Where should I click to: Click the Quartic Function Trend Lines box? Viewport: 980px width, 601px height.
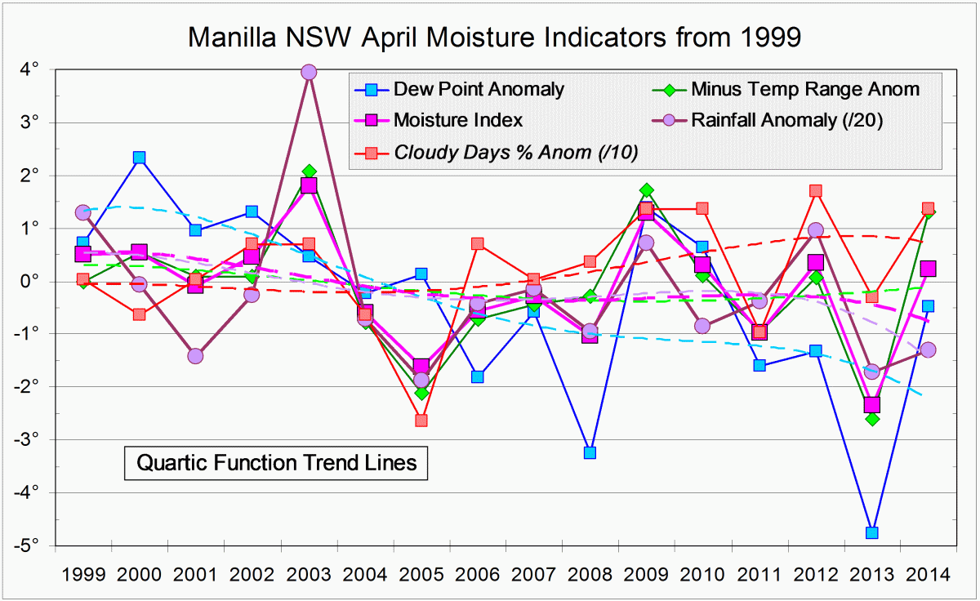pos(277,463)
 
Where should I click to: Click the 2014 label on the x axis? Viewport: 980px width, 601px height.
pos(927,574)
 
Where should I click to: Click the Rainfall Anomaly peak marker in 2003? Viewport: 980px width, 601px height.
pos(308,73)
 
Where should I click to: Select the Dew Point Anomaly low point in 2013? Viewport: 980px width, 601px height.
pos(871,533)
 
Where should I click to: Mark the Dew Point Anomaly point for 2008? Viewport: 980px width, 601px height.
pos(590,452)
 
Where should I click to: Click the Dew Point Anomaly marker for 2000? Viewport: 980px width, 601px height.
pos(139,158)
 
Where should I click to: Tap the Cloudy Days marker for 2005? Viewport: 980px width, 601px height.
pos(421,421)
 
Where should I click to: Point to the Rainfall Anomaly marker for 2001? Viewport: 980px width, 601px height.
pos(195,356)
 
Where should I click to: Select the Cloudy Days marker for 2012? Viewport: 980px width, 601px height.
pos(815,191)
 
